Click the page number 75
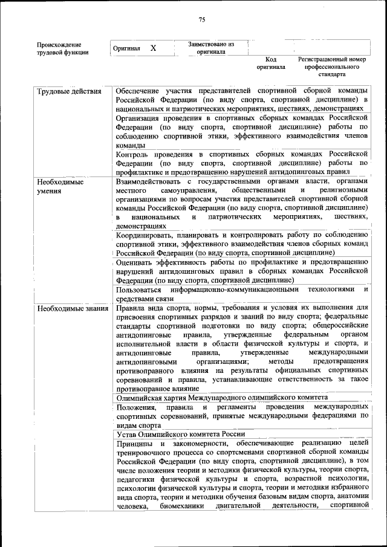coord(202,19)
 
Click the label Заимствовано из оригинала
coord(211,48)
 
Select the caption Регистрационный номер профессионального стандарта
coord(332,67)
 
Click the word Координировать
coord(143,235)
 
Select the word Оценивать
coord(137,262)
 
